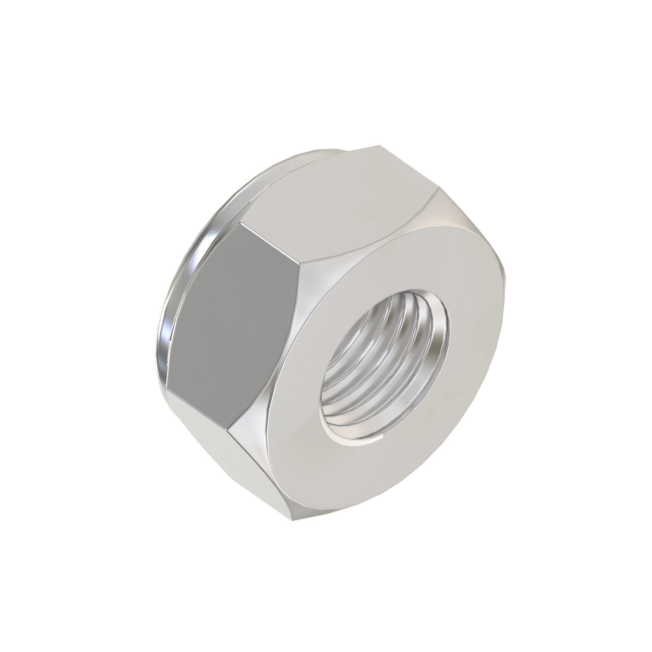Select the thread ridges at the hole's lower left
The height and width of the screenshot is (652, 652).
(344, 398)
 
